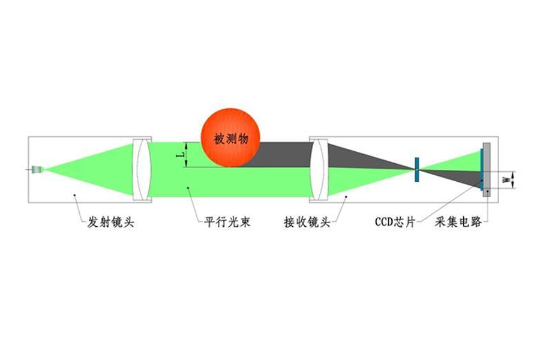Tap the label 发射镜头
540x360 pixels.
pyautogui.click(x=110, y=222)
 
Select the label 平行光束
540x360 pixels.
pyautogui.click(x=227, y=222)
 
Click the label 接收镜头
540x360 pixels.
pyautogui.click(x=307, y=222)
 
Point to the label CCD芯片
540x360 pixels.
pyautogui.click(x=395, y=222)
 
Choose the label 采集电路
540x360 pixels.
pyautogui.click(x=458, y=222)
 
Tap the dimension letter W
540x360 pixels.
pyautogui.click(x=506, y=180)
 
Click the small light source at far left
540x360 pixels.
pyautogui.click(x=37, y=169)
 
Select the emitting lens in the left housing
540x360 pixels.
pyautogui.click(x=141, y=169)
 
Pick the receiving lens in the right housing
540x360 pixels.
pyautogui.click(x=319, y=169)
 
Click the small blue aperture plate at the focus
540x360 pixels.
pyautogui.click(x=417, y=169)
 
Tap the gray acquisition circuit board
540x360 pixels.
pyautogui.click(x=487, y=169)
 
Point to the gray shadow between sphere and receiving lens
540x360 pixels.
pyautogui.click(x=283, y=155)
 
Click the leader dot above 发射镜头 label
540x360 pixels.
pyautogui.click(x=74, y=195)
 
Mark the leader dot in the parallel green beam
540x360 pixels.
pyautogui.click(x=188, y=187)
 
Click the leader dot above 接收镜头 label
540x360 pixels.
pyautogui.click(x=346, y=197)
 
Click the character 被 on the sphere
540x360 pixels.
pyautogui.click(x=220, y=139)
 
